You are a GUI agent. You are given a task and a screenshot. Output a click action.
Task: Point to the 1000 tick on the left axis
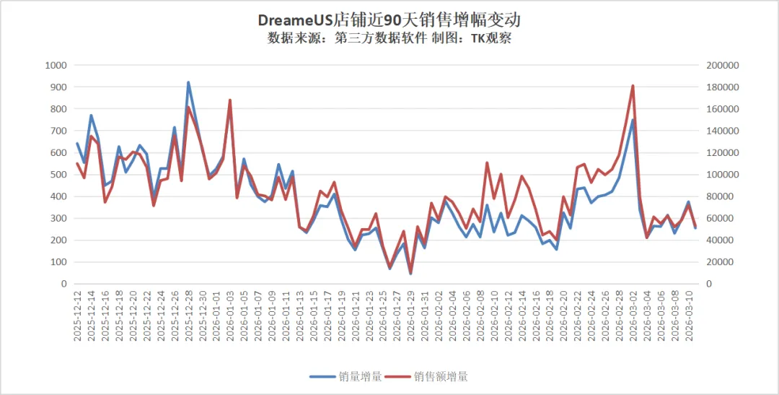click(x=56, y=65)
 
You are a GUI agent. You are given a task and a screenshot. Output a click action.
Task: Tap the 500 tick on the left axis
click(x=58, y=175)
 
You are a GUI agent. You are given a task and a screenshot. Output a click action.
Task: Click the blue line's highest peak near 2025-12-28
click(x=188, y=82)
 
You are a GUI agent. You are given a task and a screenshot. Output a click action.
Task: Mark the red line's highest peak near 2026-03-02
click(x=633, y=86)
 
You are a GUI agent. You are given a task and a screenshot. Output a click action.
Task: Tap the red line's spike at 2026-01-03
click(x=230, y=100)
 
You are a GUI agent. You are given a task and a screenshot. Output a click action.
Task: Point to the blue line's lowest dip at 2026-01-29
click(x=410, y=274)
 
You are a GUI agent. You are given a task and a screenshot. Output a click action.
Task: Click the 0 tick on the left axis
click(x=63, y=284)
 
